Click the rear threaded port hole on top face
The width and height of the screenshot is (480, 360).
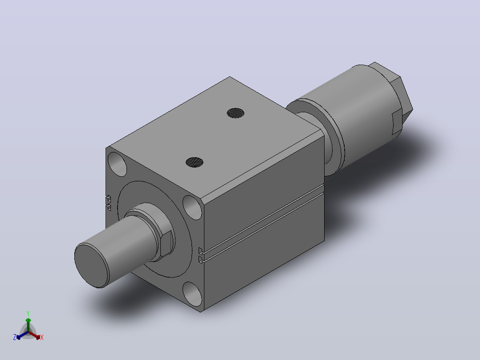click(236, 113)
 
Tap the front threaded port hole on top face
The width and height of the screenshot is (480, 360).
click(195, 162)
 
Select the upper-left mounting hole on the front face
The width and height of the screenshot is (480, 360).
click(117, 164)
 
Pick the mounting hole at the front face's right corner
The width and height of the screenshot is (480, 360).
click(192, 208)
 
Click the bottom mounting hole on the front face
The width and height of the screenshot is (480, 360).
click(192, 294)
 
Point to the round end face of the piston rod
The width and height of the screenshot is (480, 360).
click(92, 266)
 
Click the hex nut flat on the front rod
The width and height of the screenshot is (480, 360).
click(167, 244)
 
